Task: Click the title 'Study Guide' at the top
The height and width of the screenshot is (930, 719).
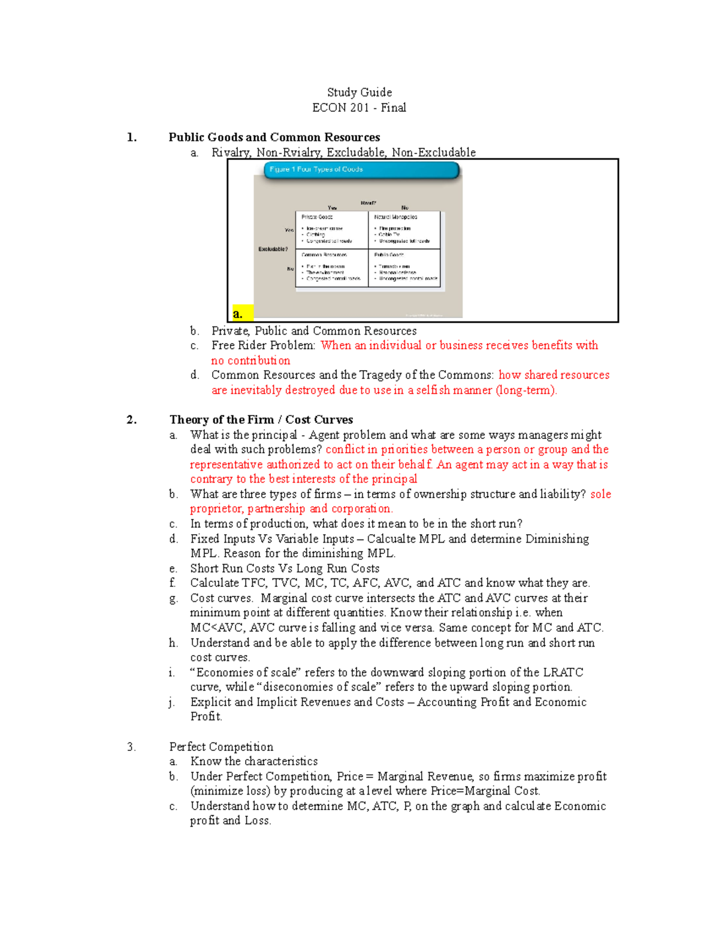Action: coord(359,92)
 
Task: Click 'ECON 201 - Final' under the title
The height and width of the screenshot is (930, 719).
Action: coord(359,108)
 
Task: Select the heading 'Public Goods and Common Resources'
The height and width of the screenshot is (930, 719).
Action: coord(274,137)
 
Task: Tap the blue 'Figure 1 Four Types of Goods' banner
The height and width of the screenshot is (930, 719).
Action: coord(361,170)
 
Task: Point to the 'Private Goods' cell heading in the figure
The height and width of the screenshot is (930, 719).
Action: coord(317,217)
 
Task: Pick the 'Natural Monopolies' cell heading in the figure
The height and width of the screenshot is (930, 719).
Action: coord(395,217)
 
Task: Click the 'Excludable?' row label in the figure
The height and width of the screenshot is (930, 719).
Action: coord(273,249)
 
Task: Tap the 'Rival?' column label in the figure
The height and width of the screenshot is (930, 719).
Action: coord(368,203)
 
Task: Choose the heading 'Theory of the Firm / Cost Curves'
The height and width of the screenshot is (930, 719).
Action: coord(261,420)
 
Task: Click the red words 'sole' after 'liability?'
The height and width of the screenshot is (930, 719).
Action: coord(600,494)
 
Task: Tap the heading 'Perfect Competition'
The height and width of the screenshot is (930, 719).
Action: coord(221,747)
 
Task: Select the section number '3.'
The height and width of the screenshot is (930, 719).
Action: coord(131,747)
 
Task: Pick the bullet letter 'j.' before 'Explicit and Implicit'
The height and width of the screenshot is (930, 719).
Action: coord(173,702)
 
